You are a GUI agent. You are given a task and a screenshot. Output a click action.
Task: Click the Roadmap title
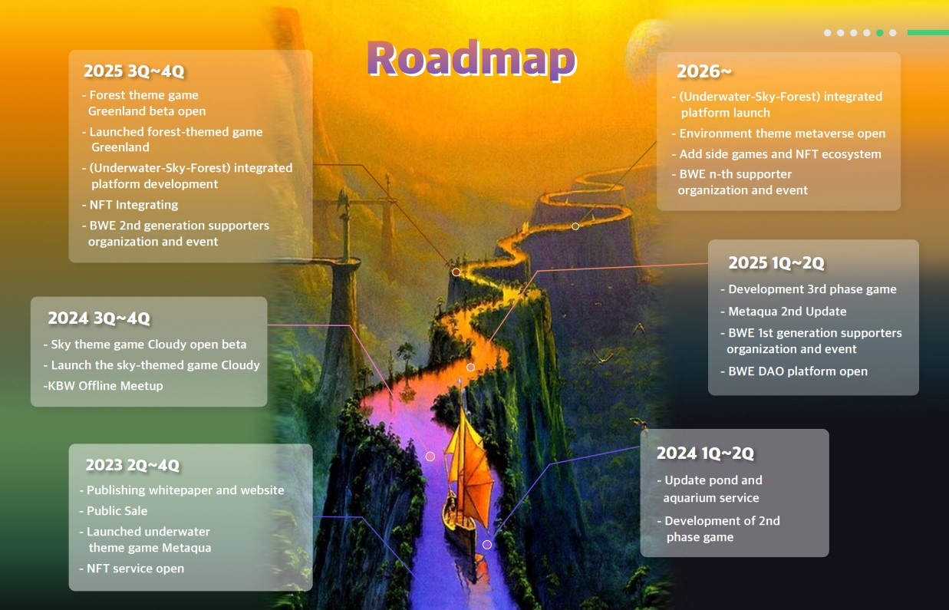tap(471, 58)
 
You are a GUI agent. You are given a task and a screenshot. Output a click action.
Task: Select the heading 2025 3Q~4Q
tap(134, 71)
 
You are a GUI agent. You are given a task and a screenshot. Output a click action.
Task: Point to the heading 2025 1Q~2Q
tap(776, 263)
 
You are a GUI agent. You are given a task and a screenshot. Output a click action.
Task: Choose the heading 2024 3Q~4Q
tap(99, 318)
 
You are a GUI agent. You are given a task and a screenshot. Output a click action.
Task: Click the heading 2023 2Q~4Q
tap(132, 465)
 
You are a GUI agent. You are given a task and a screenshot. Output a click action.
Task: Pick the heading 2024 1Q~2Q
tap(705, 453)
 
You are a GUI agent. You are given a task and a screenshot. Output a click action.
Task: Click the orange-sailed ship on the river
tap(468, 476)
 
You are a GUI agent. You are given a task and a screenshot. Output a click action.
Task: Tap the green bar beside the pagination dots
tap(928, 33)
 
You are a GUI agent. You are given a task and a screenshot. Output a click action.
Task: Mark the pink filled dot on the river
tap(430, 457)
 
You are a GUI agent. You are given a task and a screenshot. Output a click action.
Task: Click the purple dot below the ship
tap(487, 545)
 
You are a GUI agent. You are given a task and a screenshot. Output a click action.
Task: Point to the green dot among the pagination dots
tap(879, 33)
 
